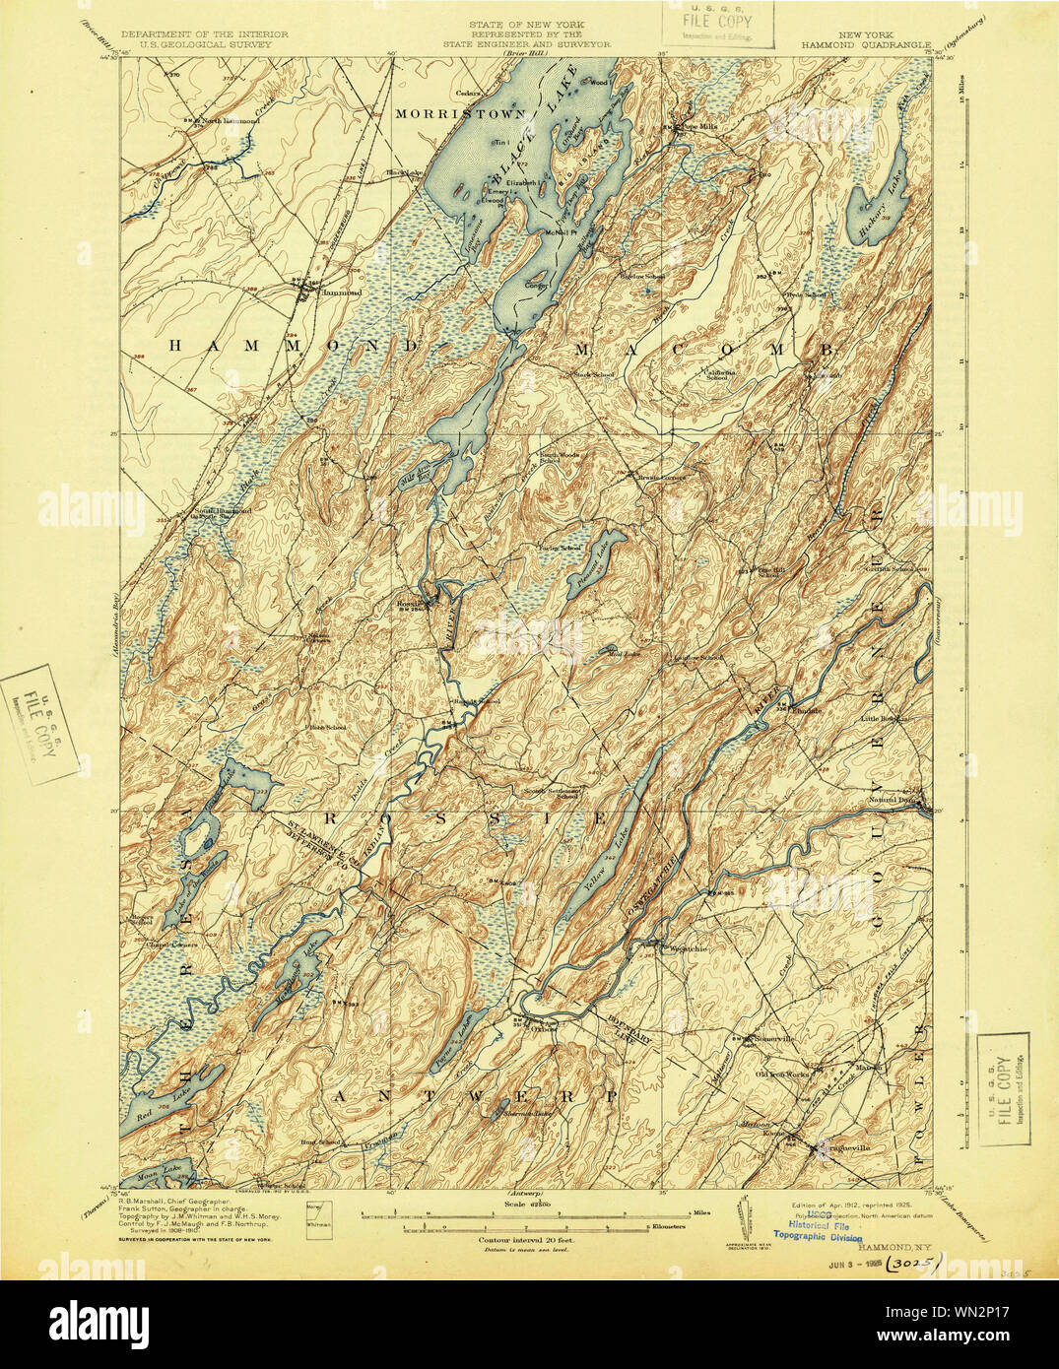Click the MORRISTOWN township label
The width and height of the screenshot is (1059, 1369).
460,114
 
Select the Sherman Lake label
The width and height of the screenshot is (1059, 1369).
527,1114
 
